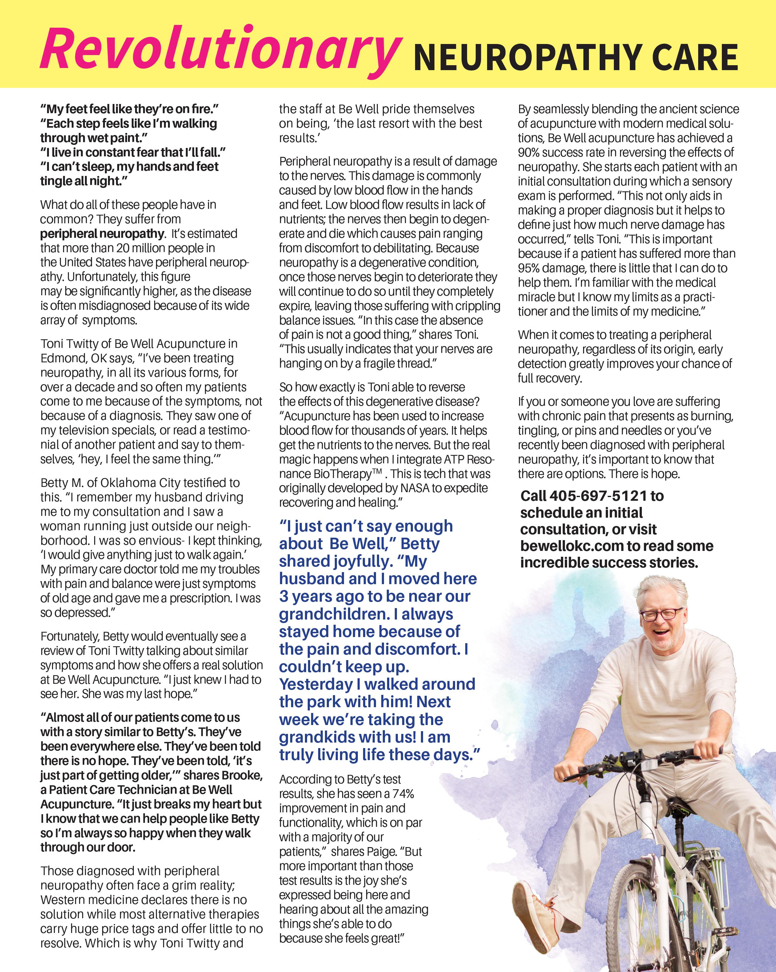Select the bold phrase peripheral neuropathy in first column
(102, 233)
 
